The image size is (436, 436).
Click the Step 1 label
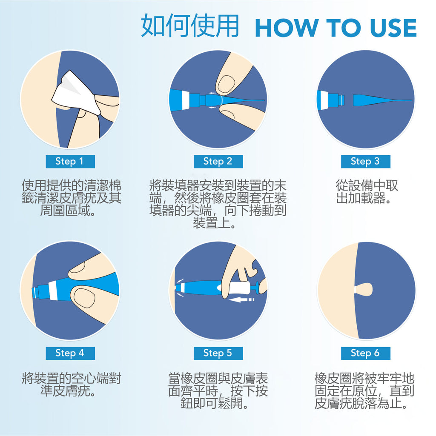click(70, 161)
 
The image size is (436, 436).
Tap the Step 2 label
click(218, 161)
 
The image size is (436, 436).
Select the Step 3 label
click(366, 161)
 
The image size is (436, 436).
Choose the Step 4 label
click(70, 353)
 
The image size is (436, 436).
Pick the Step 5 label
click(218, 353)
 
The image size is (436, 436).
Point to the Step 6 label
click(366, 353)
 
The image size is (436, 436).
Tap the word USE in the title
click(393, 28)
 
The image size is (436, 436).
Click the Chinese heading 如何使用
click(190, 26)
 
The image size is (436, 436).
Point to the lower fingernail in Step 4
click(84, 298)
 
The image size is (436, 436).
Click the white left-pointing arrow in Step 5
click(241, 300)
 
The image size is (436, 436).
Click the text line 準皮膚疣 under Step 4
click(68, 391)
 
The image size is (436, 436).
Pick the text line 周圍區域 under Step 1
click(68, 211)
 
